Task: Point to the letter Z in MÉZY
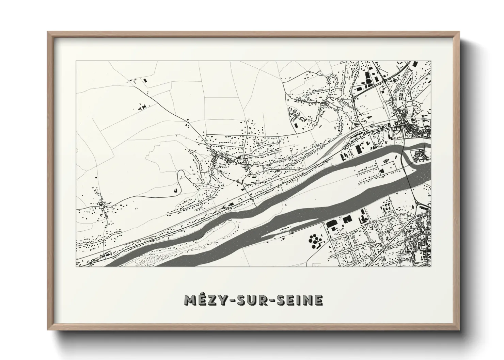(x=209, y=300)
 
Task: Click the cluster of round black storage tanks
(x=315, y=241)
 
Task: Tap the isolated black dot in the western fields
(x=96, y=177)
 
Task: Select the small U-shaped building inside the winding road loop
(x=176, y=191)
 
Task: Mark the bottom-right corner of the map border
(x=431, y=266)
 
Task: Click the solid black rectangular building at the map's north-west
(x=146, y=80)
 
